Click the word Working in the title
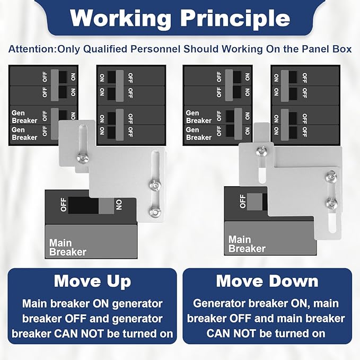click(120, 19)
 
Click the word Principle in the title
click(235, 19)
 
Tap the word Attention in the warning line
click(32, 49)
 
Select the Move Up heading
click(93, 282)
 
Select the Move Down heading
click(267, 281)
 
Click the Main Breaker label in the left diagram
click(68, 248)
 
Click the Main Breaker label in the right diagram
click(247, 244)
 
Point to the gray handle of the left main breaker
click(106, 206)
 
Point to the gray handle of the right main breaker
click(254, 202)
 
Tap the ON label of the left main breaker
click(119, 205)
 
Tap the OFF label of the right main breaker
click(242, 201)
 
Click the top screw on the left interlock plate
click(82, 159)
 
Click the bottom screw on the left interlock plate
click(154, 211)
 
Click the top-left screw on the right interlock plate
click(261, 152)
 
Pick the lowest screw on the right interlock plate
click(331, 203)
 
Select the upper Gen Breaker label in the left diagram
click(24, 117)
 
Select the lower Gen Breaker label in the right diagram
click(199, 134)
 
